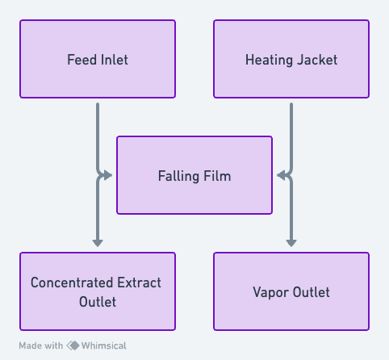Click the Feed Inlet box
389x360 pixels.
(x=98, y=59)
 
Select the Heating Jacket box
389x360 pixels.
(x=291, y=59)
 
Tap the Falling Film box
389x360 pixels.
(x=194, y=175)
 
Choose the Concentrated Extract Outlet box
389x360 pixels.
(x=98, y=291)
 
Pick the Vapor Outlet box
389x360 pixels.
(x=291, y=291)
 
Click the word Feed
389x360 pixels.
(x=82, y=60)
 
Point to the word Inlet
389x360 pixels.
(x=115, y=60)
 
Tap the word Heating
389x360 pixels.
(x=269, y=60)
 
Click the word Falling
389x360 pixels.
(x=178, y=176)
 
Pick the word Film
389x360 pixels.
(x=217, y=176)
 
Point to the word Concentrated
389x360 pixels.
(x=72, y=283)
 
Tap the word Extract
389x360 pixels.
(x=139, y=283)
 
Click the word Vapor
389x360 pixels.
(x=270, y=292)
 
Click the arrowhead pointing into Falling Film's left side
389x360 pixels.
(x=108, y=175)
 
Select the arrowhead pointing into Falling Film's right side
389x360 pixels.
(x=281, y=175)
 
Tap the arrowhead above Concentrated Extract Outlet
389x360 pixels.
(x=98, y=243)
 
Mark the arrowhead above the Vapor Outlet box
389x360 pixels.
(x=291, y=243)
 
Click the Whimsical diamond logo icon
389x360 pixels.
(x=73, y=345)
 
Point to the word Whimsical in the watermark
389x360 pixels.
(x=104, y=345)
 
